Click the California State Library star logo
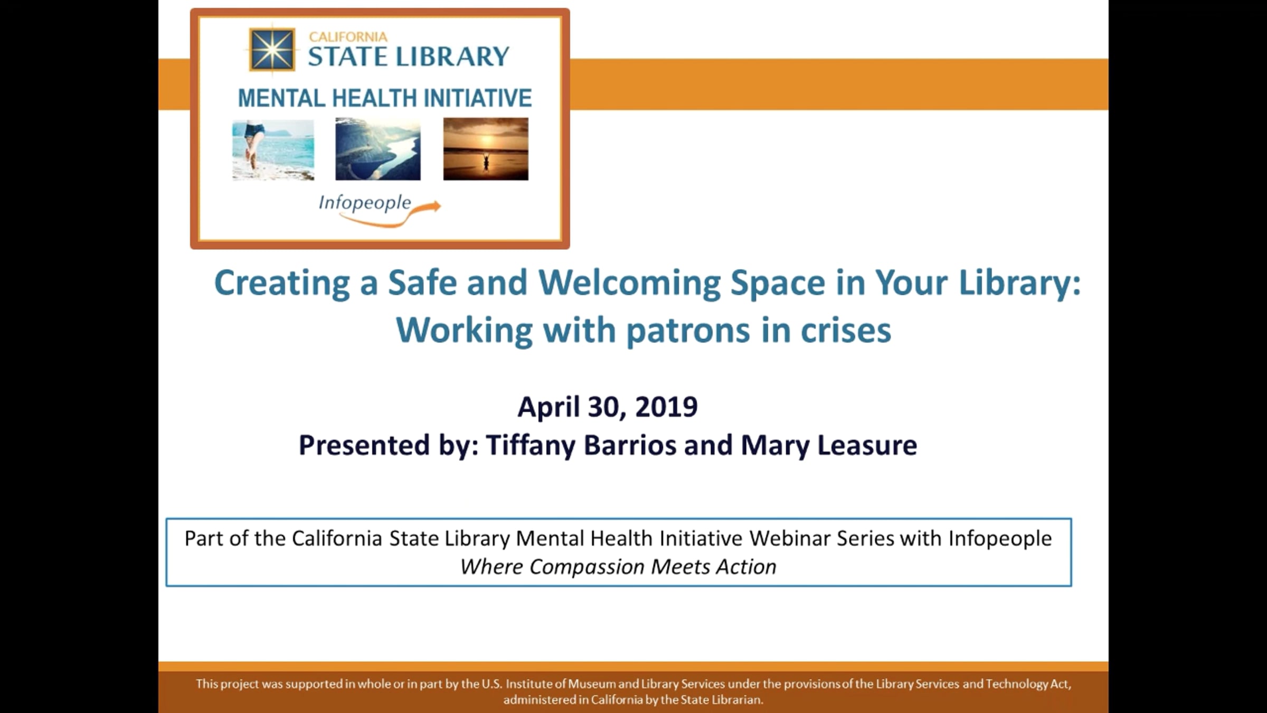click(x=272, y=50)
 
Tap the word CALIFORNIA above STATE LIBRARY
click(x=348, y=37)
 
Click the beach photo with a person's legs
click(x=273, y=149)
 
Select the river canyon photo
click(x=378, y=149)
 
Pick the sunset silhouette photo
click(x=486, y=149)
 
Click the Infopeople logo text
click(x=364, y=203)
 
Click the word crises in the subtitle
click(x=846, y=331)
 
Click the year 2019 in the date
click(x=666, y=407)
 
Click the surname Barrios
click(x=630, y=445)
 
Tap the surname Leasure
click(x=867, y=445)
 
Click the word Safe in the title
click(x=422, y=283)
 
